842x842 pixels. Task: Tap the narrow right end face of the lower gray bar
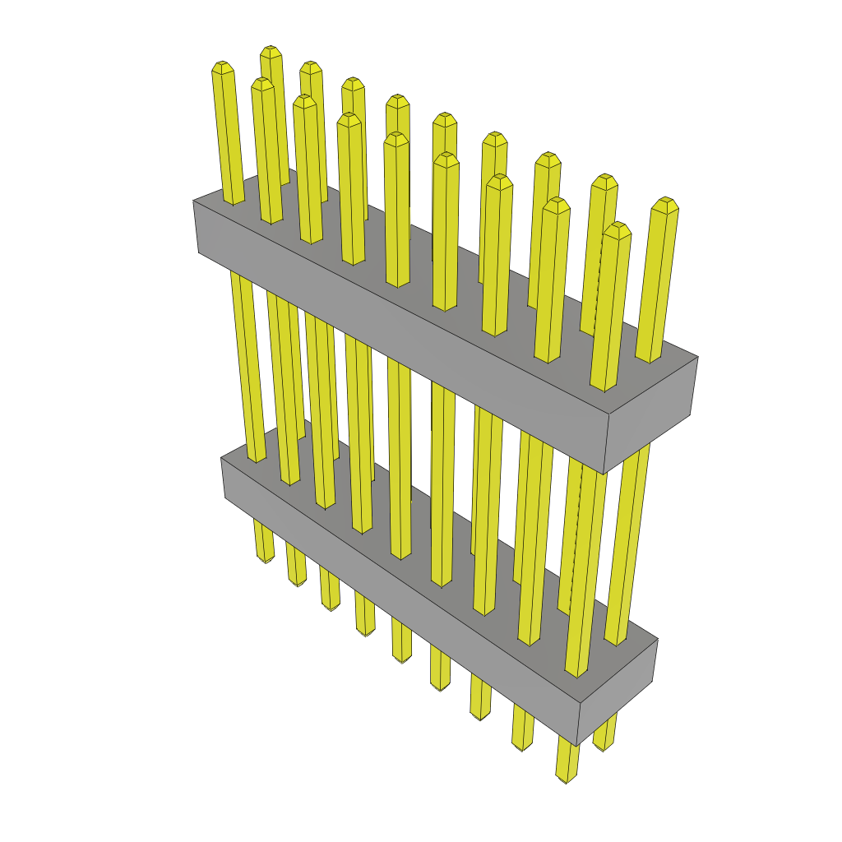coord(618,692)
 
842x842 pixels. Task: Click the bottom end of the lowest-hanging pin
coord(566,778)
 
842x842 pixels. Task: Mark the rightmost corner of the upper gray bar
coord(698,357)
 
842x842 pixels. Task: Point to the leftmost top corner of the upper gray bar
coord(193,200)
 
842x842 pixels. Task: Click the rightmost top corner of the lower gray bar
coord(658,641)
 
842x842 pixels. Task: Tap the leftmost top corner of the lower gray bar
coord(221,458)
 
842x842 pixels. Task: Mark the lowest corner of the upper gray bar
coord(604,474)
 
